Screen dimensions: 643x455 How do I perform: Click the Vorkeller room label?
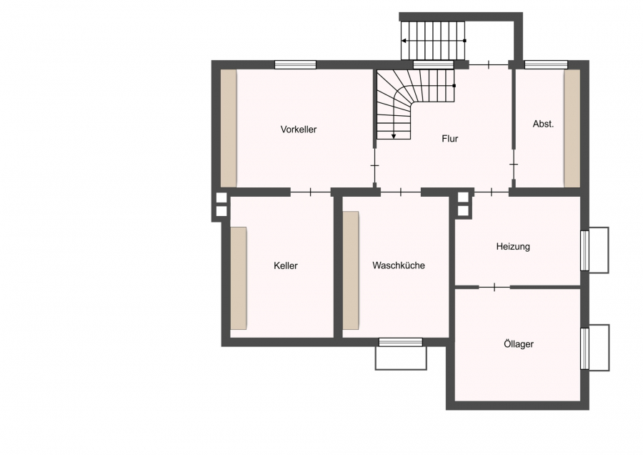299,129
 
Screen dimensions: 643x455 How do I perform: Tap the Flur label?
450,139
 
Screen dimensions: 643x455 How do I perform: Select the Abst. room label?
543,124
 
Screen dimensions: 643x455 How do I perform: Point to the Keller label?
285,265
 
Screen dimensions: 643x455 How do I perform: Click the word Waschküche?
399,265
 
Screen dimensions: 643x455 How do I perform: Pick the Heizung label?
513,246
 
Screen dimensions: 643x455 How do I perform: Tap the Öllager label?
519,343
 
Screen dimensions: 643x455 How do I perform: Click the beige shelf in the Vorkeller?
229,128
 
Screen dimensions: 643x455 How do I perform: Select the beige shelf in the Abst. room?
572,128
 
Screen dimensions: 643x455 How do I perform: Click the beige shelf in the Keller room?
238,278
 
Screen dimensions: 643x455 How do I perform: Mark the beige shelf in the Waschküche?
351,270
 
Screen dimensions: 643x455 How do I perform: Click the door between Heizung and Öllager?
494,287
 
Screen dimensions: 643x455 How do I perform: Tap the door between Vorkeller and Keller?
311,191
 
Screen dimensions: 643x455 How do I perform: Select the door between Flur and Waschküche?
401,191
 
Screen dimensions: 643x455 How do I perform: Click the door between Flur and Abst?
514,164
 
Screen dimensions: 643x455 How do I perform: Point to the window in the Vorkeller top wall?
295,64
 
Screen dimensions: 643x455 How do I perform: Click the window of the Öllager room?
585,348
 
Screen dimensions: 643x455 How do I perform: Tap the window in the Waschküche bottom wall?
401,342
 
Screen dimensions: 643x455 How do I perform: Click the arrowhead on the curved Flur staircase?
394,136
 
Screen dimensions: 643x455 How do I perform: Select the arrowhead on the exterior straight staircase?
404,41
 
